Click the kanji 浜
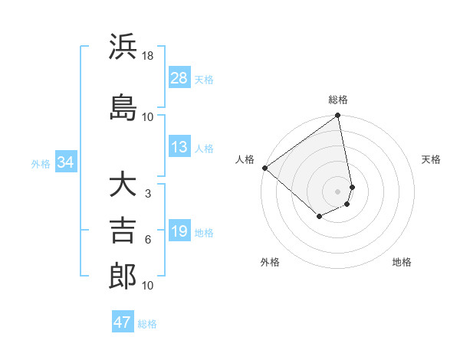tap(123, 47)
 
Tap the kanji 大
tap(123, 185)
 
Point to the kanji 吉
tap(123, 231)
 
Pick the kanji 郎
tap(123, 276)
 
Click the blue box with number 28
tap(179, 78)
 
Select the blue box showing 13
tap(179, 147)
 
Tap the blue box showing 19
tap(179, 231)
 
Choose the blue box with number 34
tap(66, 162)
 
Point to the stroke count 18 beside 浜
tap(148, 57)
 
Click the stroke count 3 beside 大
tap(148, 194)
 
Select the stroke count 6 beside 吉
tap(148, 240)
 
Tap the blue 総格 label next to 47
tap(147, 324)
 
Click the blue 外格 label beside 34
tap(41, 163)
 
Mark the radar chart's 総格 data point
tap(337, 116)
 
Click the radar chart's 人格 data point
tap(264, 168)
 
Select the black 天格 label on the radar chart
tap(431, 159)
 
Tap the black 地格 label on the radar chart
tap(402, 262)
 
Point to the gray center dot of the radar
tap(337, 191)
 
